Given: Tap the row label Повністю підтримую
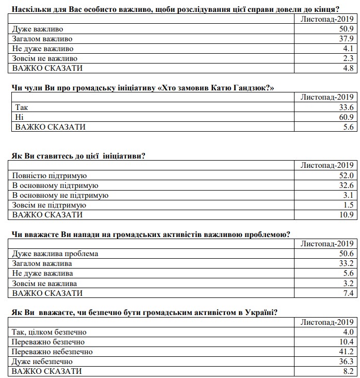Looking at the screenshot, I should (x=50, y=176).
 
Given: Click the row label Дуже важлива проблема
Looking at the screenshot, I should (x=55, y=254).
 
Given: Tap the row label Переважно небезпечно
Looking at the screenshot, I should (x=52, y=352).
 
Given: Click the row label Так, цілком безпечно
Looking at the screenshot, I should (x=49, y=332).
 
